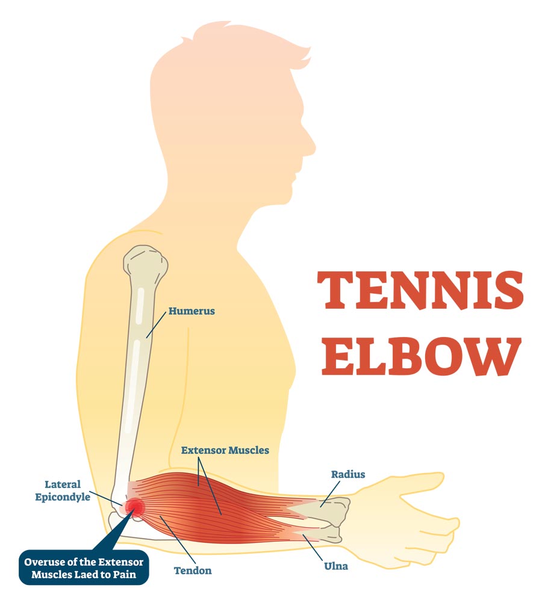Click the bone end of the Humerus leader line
[146, 338]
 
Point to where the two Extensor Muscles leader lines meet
[199, 459]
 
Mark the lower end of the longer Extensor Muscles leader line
[221, 515]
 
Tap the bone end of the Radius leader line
[321, 507]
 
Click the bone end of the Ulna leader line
[304, 535]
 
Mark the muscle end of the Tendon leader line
[161, 517]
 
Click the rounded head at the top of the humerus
[146, 261]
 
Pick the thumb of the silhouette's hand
[422, 480]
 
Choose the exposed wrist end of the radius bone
[335, 510]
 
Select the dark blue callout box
[84, 567]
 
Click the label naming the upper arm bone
[192, 311]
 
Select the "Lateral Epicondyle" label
[63, 490]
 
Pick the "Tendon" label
[193, 570]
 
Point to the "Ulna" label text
[336, 566]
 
